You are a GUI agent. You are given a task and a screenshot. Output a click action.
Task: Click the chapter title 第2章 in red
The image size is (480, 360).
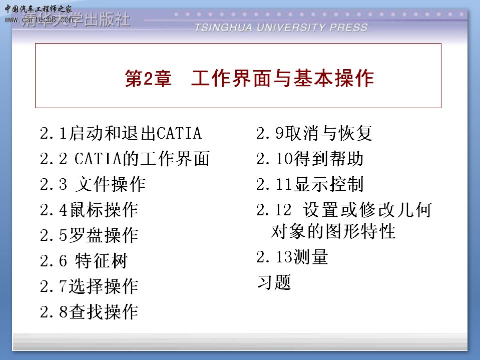coord(148,79)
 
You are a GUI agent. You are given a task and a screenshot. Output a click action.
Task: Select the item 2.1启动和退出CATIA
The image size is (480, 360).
coord(121,134)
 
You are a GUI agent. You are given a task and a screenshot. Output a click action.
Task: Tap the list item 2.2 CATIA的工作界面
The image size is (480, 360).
coord(125,159)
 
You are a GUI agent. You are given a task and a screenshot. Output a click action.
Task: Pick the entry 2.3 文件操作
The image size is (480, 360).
coord(93,184)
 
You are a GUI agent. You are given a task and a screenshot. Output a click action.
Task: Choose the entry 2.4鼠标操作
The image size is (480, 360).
coord(89,210)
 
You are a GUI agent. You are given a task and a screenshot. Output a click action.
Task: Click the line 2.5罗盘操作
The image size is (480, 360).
coord(89,235)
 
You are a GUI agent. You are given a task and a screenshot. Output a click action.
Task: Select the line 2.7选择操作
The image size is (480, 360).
coord(89,286)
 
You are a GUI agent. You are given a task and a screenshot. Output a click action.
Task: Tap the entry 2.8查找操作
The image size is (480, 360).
coord(89,312)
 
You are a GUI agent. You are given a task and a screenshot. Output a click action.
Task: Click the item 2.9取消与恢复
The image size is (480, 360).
coord(314,134)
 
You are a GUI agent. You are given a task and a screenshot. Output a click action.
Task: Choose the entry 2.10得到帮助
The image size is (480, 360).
coord(310,159)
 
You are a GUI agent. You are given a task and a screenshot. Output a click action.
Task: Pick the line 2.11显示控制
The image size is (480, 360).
coord(310,184)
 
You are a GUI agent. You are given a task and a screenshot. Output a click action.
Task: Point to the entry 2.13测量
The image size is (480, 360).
coord(292,256)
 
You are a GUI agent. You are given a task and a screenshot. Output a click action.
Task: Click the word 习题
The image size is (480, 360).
coord(274,282)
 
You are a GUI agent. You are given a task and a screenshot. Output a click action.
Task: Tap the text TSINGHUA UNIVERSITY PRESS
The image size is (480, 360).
coord(281,28)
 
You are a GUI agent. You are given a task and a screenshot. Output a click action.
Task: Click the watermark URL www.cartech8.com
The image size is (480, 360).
coord(39,20)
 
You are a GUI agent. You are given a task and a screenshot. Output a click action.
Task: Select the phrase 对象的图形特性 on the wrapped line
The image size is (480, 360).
coord(333,231)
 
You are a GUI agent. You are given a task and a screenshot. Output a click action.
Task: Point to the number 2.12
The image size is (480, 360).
coord(274,210)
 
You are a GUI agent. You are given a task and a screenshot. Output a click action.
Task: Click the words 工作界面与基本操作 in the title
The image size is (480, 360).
coord(282,79)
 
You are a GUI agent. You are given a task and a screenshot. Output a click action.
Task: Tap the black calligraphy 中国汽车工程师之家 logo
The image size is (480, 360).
coord(38,9)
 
